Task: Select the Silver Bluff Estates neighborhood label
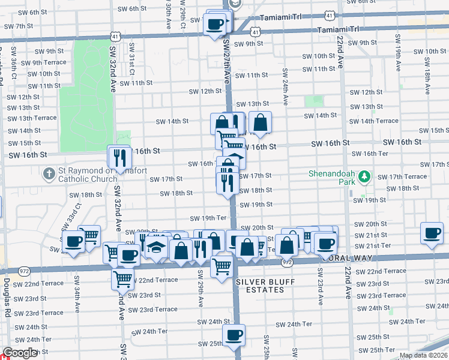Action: pos(259,286)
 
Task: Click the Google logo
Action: pos(20,353)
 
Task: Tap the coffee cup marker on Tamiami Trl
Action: pos(214,25)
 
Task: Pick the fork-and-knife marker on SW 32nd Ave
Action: pos(119,157)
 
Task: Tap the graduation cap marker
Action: pos(156,247)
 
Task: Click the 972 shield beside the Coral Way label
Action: pos(288,262)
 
